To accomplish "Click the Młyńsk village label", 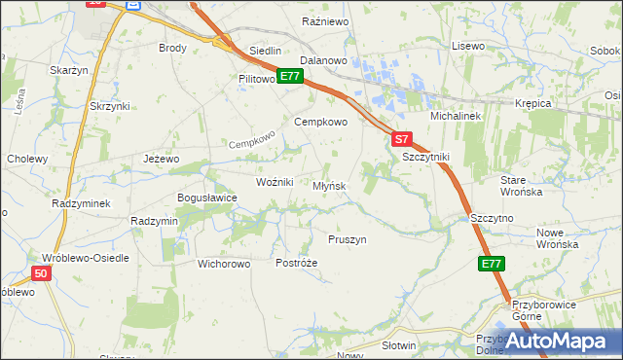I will pyautogui.click(x=329, y=186).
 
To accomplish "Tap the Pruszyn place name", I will pyautogui.click(x=347, y=239).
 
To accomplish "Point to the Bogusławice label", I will pyautogui.click(x=206, y=198).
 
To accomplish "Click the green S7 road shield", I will pyautogui.click(x=404, y=138).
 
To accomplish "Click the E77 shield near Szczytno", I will pyautogui.click(x=492, y=264).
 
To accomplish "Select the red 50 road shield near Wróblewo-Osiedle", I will pyautogui.click(x=40, y=274).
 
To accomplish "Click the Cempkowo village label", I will pyautogui.click(x=320, y=123).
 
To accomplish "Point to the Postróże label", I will pyautogui.click(x=297, y=264).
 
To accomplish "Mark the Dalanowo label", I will pyautogui.click(x=324, y=60).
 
